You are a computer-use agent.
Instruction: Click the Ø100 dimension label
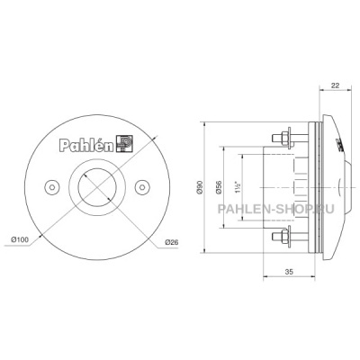[x=20, y=239]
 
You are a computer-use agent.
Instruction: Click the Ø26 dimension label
[x=172, y=242]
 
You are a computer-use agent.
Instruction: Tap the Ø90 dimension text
[x=201, y=187]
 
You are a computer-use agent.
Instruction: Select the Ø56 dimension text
[x=219, y=187]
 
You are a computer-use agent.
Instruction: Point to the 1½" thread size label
[x=238, y=187]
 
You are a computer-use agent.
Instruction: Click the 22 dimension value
[x=335, y=85]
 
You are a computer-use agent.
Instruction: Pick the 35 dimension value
[x=289, y=272]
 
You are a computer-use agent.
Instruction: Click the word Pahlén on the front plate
[x=86, y=145]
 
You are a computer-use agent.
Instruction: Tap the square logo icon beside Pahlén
[x=125, y=144]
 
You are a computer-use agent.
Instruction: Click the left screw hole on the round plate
[x=52, y=187]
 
